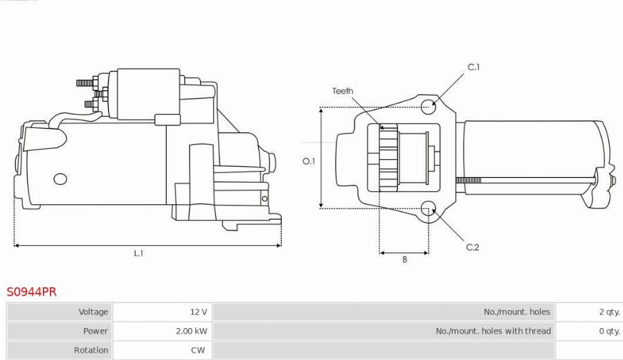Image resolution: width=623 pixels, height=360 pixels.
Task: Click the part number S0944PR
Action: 32,291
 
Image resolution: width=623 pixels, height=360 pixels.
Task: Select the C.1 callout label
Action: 473,67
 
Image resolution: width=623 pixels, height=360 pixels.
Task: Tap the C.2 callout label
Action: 472,247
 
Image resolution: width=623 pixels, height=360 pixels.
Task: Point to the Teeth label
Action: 342,91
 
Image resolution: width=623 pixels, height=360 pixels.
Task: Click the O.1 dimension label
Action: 309,161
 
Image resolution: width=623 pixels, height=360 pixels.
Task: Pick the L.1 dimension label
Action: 138,253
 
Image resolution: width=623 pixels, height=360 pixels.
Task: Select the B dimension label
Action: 404,260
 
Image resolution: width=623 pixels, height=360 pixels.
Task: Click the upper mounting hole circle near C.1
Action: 429,106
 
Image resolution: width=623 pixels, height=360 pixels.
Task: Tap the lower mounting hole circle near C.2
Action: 428,207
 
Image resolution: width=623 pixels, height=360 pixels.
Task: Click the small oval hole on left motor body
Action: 60,179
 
